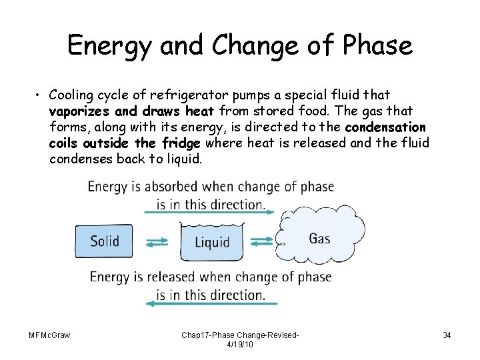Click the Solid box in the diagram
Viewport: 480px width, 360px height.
pyautogui.click(x=105, y=240)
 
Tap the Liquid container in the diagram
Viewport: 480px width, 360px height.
pyautogui.click(x=211, y=241)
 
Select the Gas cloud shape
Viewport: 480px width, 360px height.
pyautogui.click(x=320, y=238)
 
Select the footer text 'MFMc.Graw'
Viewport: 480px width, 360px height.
pyautogui.click(x=50, y=334)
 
